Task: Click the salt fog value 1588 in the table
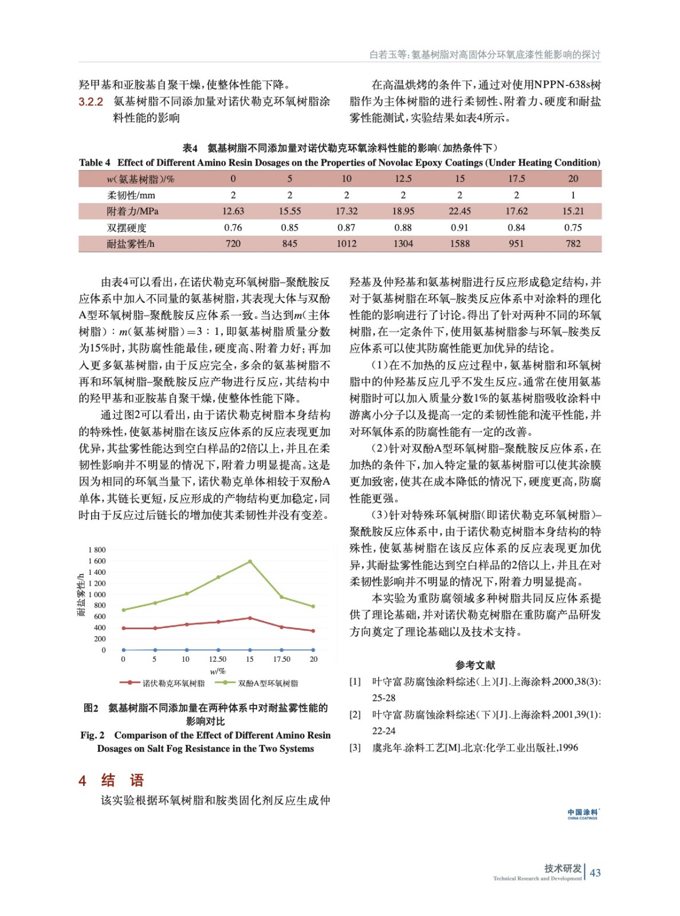459,244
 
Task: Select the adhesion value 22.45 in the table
459,211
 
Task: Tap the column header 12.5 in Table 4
403,179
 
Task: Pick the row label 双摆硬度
127,228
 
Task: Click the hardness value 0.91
459,228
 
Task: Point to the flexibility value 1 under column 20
573,195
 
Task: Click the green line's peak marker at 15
250,562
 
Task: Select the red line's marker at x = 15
250,618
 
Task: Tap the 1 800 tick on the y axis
97,550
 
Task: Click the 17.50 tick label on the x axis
281,660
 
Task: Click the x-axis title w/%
218,671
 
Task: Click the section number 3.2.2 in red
91,102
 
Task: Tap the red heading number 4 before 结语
82,781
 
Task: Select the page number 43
595,872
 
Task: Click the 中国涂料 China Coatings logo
582,814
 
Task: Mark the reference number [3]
355,748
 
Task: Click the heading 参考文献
475,665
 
